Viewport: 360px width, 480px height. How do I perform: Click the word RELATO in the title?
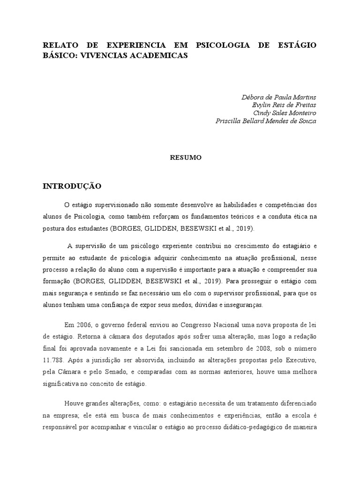point(58,45)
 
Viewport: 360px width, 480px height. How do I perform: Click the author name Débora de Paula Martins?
point(279,97)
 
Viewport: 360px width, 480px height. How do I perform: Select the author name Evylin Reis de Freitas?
point(284,105)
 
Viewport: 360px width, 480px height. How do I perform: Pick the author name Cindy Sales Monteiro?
point(285,113)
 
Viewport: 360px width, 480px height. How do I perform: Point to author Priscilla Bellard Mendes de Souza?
point(266,121)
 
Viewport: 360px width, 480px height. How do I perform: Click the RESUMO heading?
point(186,158)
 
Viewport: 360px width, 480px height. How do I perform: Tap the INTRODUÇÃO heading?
point(72,186)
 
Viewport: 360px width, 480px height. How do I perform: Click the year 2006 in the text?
point(84,324)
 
